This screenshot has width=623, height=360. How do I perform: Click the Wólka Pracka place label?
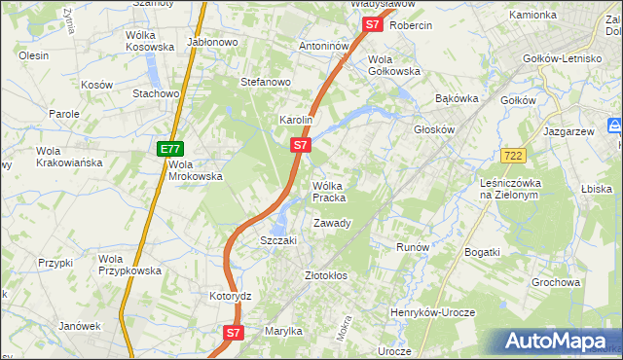point(329,192)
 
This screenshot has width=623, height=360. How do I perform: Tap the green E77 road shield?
point(170,149)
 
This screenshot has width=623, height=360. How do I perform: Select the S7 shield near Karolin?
point(301,145)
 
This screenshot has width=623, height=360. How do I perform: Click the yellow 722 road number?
point(515,156)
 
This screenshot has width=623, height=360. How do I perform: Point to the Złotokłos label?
point(326,275)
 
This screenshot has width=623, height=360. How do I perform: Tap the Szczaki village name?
point(277,240)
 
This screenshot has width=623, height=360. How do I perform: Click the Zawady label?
point(331,223)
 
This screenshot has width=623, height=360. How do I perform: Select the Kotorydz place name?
point(231,295)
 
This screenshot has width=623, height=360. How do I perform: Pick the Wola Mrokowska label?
point(196,170)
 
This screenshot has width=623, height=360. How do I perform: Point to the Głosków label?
point(434,128)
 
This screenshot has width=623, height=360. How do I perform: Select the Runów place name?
point(413,247)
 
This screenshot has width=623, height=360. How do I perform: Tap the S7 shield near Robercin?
point(372,25)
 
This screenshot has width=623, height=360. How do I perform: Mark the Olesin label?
point(33,55)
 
